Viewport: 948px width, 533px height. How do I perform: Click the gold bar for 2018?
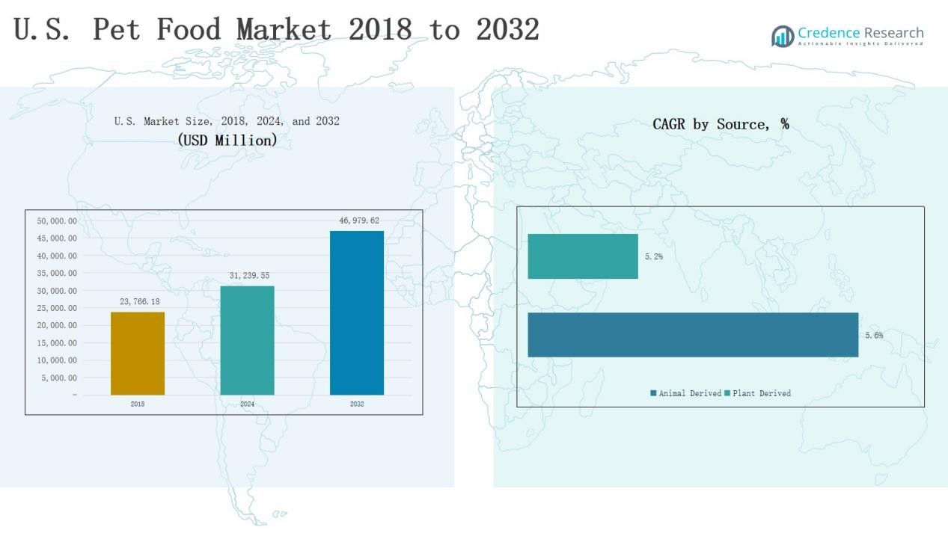(x=138, y=353)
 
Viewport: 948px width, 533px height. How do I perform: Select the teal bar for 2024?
(x=247, y=340)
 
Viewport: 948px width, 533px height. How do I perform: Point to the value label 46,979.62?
(x=359, y=221)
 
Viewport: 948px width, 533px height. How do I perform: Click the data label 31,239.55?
(x=249, y=276)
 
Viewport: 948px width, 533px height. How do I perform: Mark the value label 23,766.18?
(x=140, y=301)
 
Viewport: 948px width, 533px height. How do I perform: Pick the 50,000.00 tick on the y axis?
(x=57, y=221)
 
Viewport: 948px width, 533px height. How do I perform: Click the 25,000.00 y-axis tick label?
(x=57, y=308)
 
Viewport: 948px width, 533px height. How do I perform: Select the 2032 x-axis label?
(x=357, y=404)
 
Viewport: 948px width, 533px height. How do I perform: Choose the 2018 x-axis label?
(x=138, y=404)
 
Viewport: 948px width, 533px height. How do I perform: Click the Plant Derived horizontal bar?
(x=583, y=256)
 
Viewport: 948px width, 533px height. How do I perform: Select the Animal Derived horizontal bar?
(x=693, y=335)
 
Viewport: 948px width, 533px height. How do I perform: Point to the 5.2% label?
(x=654, y=256)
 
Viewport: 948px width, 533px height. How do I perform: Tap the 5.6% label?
(x=874, y=336)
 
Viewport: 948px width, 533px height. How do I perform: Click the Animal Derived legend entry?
(x=686, y=393)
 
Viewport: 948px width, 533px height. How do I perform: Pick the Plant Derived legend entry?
(x=757, y=393)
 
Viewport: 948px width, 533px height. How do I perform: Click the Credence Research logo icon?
(x=783, y=36)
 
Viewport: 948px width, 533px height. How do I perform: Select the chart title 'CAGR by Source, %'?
(x=721, y=124)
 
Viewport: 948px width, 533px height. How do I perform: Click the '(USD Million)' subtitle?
(x=227, y=140)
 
